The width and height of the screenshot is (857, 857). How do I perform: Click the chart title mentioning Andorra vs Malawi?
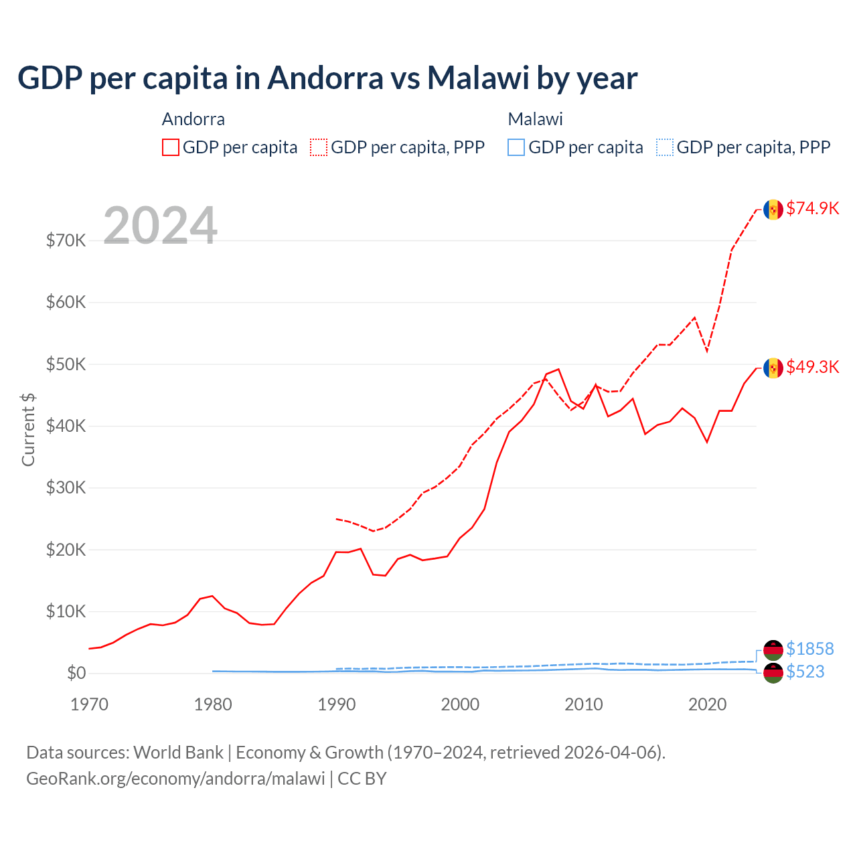click(x=327, y=78)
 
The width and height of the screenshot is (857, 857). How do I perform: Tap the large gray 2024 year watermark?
click(x=160, y=226)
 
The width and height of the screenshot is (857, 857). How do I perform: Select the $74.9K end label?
click(x=812, y=208)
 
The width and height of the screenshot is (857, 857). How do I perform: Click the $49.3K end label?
click(x=812, y=367)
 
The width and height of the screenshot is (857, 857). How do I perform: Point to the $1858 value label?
click(x=809, y=649)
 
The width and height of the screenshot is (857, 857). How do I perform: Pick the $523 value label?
click(x=805, y=672)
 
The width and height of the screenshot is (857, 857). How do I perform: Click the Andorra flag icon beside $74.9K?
click(x=773, y=210)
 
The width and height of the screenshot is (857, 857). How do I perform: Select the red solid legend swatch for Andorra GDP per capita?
click(x=171, y=147)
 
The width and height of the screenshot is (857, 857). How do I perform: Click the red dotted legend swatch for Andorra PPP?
click(x=319, y=147)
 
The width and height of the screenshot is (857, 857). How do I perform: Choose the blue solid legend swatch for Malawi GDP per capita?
click(x=516, y=147)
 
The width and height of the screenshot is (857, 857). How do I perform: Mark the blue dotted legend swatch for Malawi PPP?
click(x=665, y=147)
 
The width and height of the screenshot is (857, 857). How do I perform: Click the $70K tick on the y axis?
click(x=66, y=240)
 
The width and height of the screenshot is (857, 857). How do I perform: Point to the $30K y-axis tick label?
click(x=66, y=487)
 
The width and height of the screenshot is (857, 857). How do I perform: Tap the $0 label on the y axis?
click(x=76, y=673)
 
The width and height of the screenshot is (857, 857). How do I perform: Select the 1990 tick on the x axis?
click(x=337, y=704)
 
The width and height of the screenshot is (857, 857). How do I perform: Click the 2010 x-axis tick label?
click(x=584, y=704)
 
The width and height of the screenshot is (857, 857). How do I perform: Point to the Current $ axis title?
click(x=28, y=430)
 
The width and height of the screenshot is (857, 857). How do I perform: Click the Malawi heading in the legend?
click(x=535, y=119)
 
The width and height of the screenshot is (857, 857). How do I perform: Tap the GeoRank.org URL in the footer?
click(x=175, y=779)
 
